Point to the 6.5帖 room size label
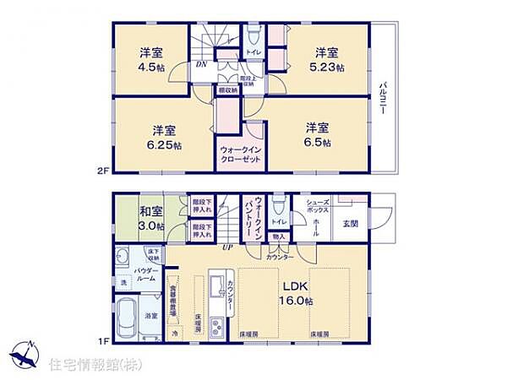[318, 143]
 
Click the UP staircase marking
[226, 247]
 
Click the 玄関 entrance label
[349, 223]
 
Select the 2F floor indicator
[102, 171]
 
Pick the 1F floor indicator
[102, 340]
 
